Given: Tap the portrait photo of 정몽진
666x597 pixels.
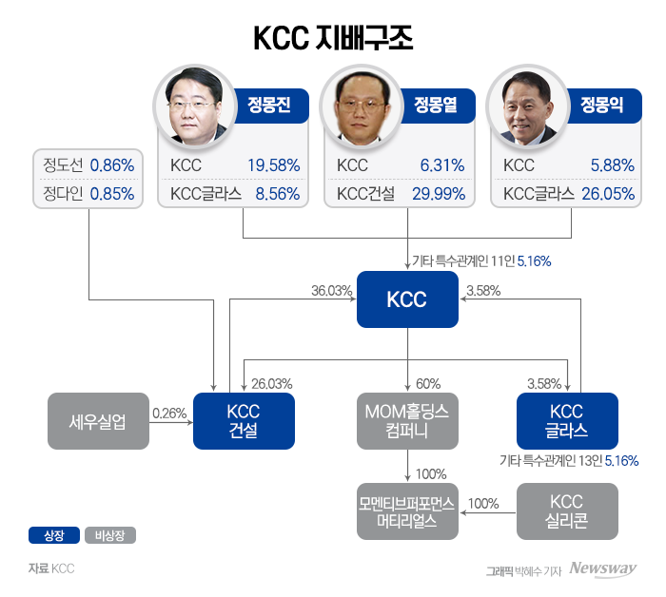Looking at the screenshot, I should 198,106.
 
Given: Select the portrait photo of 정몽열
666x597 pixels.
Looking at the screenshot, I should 363,106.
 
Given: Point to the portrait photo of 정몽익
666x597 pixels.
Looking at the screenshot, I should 529,106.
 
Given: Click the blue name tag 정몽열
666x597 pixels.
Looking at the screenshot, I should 435,105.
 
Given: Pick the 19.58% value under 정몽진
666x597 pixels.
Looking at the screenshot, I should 273,165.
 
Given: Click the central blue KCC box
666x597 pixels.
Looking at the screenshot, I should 407,299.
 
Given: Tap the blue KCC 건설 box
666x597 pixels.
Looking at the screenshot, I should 244,421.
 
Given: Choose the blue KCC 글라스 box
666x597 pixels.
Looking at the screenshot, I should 567,421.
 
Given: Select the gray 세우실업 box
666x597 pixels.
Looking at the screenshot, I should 98,421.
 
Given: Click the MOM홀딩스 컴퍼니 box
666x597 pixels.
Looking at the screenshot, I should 407,421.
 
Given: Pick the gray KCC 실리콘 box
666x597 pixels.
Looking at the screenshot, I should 567,511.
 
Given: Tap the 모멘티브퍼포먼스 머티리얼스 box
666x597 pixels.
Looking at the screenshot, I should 407,511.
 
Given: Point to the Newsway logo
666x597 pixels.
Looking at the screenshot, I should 603,569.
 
